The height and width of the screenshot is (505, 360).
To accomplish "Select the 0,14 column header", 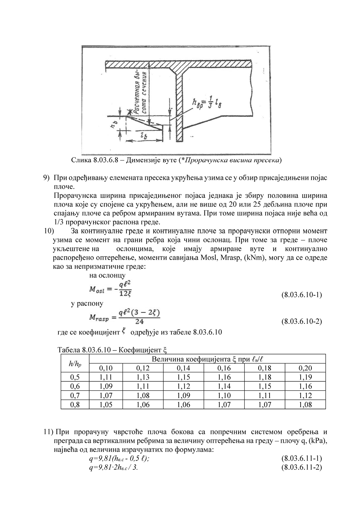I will [183, 368].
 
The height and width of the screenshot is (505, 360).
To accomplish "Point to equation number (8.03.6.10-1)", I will [301, 294].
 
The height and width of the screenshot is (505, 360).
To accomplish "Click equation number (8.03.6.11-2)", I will [301, 467].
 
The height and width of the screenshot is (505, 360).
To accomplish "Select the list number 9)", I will [46, 178].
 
